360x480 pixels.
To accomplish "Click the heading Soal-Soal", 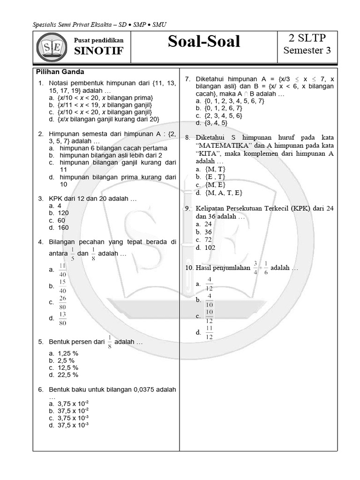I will pos(204,42).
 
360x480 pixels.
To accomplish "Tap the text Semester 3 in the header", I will pos(307,50).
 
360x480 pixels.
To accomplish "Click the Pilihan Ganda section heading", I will pos(60,72).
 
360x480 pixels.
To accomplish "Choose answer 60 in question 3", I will pos(61,220).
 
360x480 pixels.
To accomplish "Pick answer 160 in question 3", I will pos(63,227).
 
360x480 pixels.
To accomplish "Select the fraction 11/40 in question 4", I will pos(63,270).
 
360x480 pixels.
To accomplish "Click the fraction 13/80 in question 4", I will pos(63,318).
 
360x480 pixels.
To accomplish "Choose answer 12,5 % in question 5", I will pos(68,367).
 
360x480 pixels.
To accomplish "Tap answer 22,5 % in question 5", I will pos(68,375).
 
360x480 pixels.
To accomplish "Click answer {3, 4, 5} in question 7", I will pos(216,123).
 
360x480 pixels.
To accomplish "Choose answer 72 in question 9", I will pos(209,240).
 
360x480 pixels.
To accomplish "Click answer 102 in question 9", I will pos(210,247).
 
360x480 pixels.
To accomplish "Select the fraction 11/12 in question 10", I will pos(209,332).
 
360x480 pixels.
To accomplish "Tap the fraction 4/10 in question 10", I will pos(209,300).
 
